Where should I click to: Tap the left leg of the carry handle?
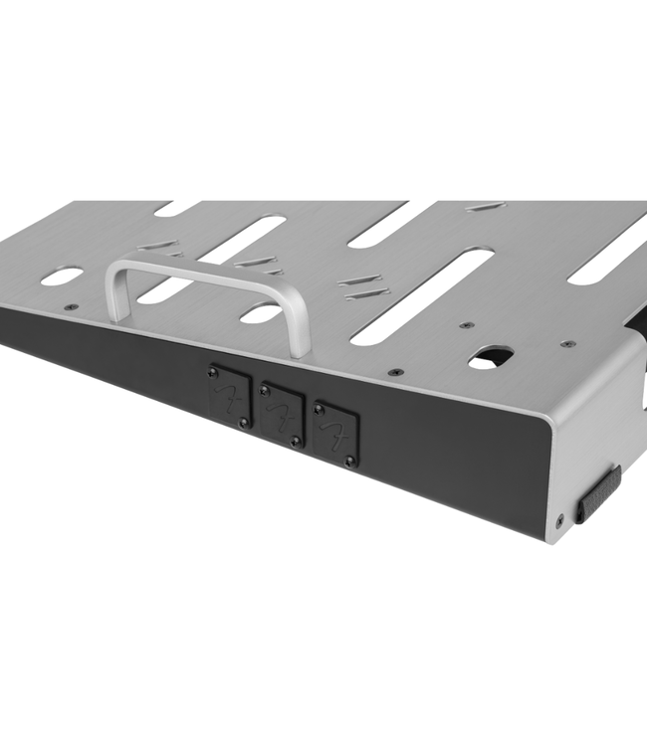click(117, 294)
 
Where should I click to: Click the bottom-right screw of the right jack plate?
click(349, 461)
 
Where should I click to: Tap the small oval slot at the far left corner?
click(62, 276)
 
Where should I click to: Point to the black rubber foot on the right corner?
click(597, 493)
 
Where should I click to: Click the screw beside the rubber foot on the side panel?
click(559, 518)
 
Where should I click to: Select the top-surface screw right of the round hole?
click(567, 343)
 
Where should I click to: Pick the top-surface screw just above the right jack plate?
click(395, 371)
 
